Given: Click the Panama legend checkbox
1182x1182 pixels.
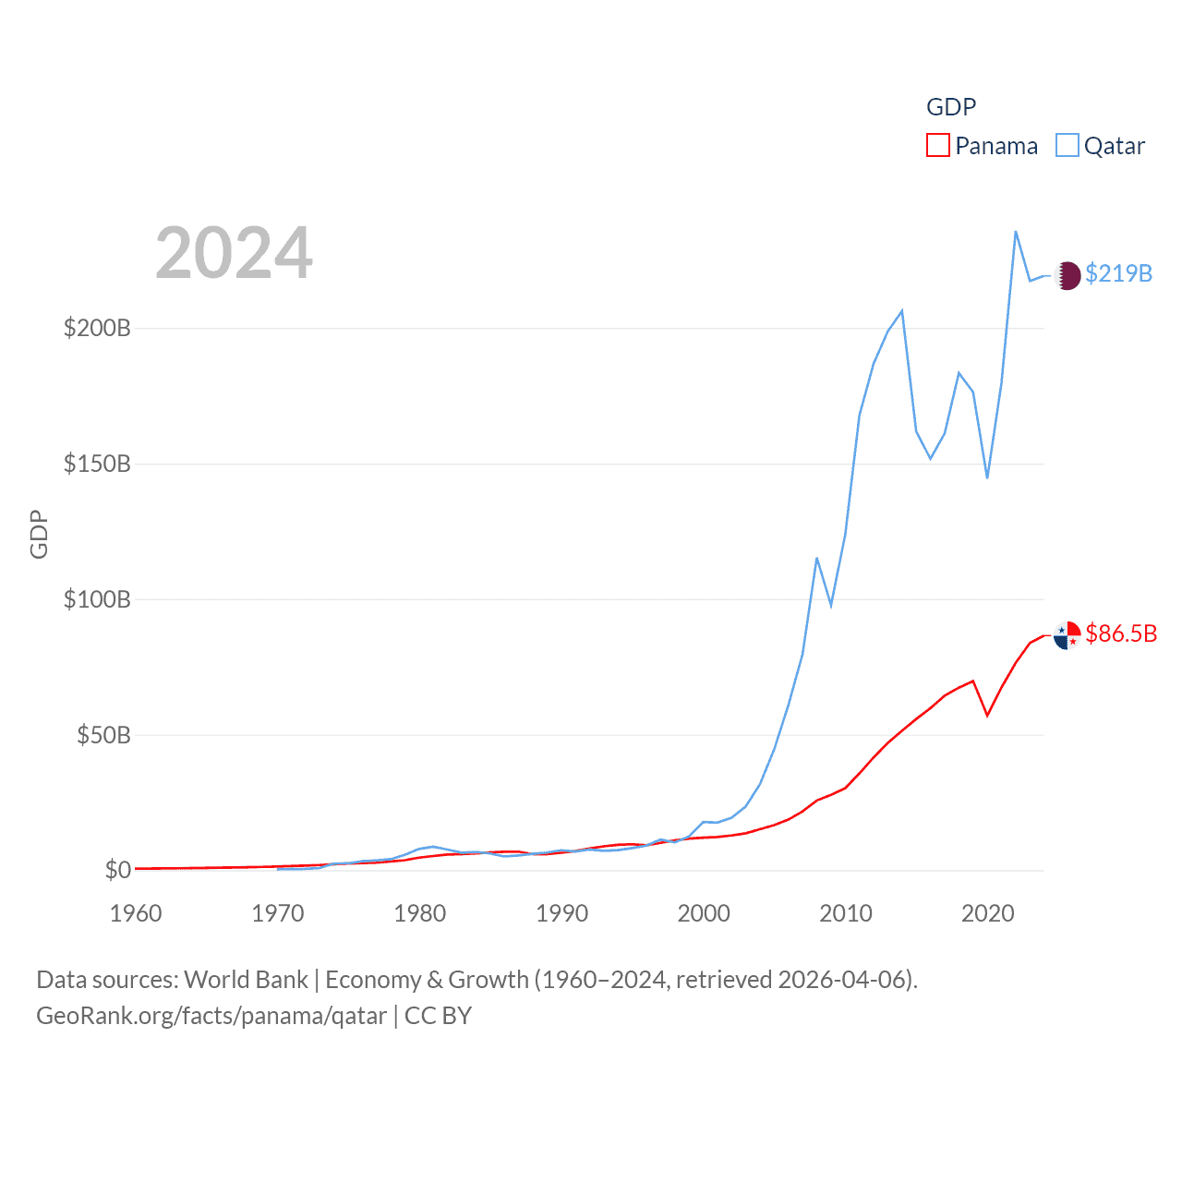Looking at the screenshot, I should [937, 146].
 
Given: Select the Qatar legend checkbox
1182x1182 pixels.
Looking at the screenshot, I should [1067, 146].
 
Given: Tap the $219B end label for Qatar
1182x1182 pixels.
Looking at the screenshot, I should [1118, 273].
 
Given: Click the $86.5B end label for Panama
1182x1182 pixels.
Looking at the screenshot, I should [1121, 633].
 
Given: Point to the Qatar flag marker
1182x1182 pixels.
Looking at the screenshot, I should [1067, 275].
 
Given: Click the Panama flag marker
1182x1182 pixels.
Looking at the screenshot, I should [1067, 635].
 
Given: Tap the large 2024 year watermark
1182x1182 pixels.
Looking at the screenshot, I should [234, 253].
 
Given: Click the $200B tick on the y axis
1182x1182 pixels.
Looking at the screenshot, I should [97, 329].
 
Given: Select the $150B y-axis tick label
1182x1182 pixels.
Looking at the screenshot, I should [97, 464].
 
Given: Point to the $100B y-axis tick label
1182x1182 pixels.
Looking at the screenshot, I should [97, 599].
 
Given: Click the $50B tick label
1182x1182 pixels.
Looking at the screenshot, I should [103, 735].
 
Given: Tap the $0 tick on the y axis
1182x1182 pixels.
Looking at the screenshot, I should [118, 870].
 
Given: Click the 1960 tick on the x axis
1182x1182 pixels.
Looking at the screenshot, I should [136, 913].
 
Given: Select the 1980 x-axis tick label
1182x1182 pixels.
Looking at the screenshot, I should [420, 913].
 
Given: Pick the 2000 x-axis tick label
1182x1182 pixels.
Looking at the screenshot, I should [704, 913].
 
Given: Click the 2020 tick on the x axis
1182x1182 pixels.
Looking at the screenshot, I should [988, 913].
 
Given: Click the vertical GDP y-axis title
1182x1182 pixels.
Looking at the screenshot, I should [39, 534].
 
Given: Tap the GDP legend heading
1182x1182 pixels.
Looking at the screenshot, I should [951, 107].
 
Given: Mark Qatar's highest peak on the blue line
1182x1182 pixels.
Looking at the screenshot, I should [1016, 232].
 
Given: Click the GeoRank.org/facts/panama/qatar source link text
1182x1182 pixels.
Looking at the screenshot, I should [211, 1016].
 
